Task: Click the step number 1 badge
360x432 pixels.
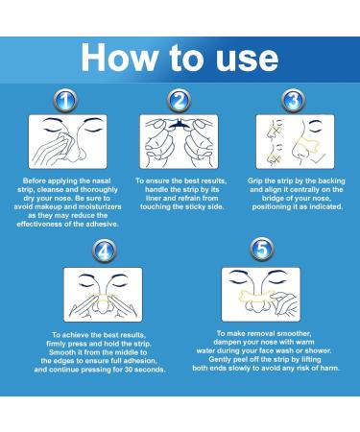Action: pos(63,100)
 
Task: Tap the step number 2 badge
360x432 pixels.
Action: pos(180,100)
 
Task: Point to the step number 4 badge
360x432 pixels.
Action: pos(103,251)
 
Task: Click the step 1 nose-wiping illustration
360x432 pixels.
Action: pos(63,141)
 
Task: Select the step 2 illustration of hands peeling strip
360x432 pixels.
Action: pos(180,141)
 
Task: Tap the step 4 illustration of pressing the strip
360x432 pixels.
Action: pos(103,293)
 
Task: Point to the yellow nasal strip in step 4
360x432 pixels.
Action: pos(103,304)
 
